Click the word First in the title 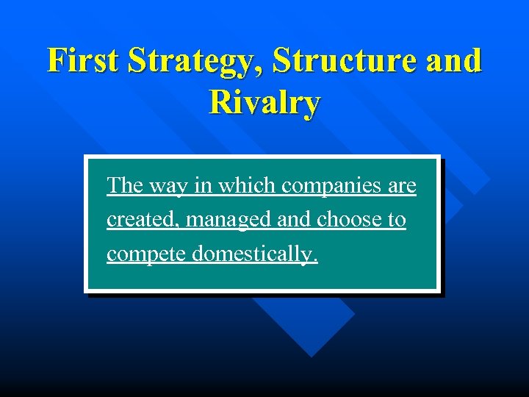click(83, 60)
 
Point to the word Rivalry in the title click(264, 102)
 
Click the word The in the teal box click(125, 186)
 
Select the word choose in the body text click(350, 220)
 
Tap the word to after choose click(397, 220)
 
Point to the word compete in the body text click(146, 254)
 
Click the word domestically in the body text click(252, 254)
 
